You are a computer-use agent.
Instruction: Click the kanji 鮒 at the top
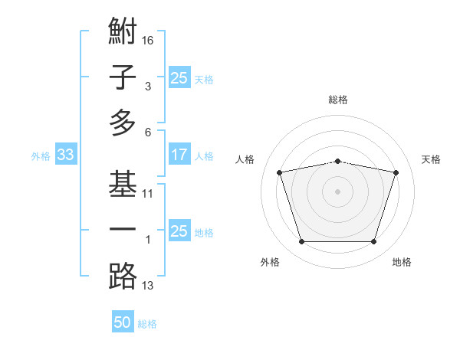(x=123, y=32)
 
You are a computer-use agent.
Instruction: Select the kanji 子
(x=123, y=77)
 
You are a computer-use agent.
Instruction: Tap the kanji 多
(x=123, y=123)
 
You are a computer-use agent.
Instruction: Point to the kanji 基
(x=123, y=185)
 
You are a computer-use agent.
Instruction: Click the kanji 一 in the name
(x=123, y=231)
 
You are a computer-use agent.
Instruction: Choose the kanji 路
(x=123, y=276)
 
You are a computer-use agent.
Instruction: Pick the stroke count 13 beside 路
(x=148, y=286)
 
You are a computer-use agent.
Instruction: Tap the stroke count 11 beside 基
(x=148, y=194)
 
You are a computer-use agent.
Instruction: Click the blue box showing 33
(x=65, y=155)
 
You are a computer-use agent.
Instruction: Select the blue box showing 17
(x=179, y=155)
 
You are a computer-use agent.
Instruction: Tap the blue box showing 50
(x=123, y=322)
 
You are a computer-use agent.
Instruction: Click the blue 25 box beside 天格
(x=179, y=77)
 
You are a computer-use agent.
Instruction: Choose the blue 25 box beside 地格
(x=179, y=231)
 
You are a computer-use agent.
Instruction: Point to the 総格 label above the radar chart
(x=337, y=100)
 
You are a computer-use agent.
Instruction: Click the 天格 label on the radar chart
(x=431, y=159)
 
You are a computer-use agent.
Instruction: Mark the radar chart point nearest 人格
(x=280, y=172)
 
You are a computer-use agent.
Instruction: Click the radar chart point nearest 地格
(x=373, y=242)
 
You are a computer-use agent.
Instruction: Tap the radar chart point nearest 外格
(x=301, y=242)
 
